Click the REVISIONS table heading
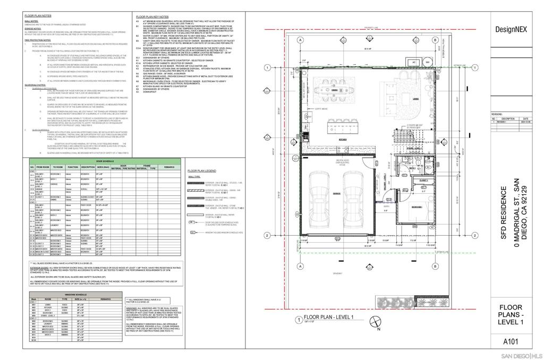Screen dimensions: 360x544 tap(497, 114)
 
